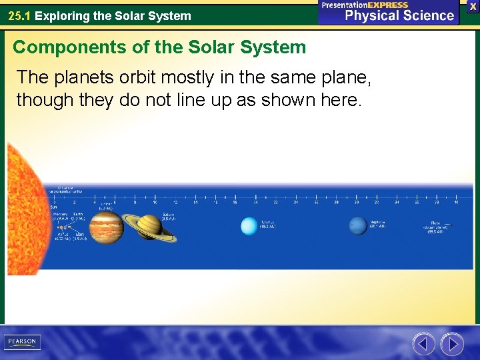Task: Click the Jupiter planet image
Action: click(106, 227)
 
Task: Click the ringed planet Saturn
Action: click(150, 227)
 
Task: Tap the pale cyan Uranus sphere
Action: click(249, 226)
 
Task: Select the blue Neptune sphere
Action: click(358, 226)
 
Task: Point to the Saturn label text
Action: click(167, 217)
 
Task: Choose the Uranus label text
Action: click(267, 225)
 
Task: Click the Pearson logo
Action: click(22, 342)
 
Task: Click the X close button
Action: click(473, 6)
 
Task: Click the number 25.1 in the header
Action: click(19, 15)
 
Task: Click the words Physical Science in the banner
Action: click(399, 15)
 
